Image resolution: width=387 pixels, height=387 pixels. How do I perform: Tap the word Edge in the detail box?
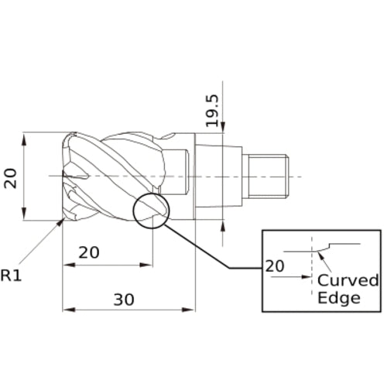click(x=338, y=298)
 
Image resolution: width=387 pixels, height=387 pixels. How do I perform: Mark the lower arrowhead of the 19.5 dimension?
click(x=224, y=225)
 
